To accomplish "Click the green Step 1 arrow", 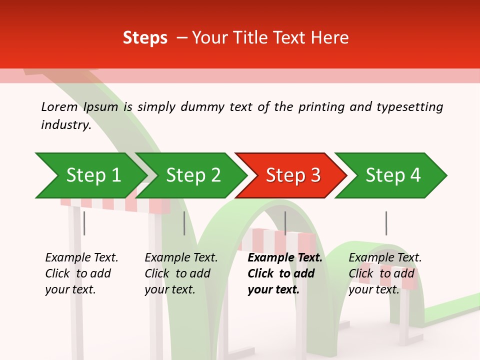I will [92, 175].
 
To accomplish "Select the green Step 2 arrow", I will [192, 175].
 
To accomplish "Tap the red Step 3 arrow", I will [292, 175].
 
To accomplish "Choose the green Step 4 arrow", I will [392, 175].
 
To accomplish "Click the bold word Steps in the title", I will [145, 37].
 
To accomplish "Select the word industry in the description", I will [65, 125].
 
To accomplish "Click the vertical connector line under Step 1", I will [84, 223].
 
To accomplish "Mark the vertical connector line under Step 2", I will [184, 223].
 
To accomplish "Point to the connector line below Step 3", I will [285, 223].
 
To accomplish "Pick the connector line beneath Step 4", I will [386, 223].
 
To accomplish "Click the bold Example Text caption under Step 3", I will [285, 273].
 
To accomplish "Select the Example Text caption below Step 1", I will [81, 273].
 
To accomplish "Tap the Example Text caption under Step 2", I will [181, 273].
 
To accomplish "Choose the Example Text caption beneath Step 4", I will [385, 273].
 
